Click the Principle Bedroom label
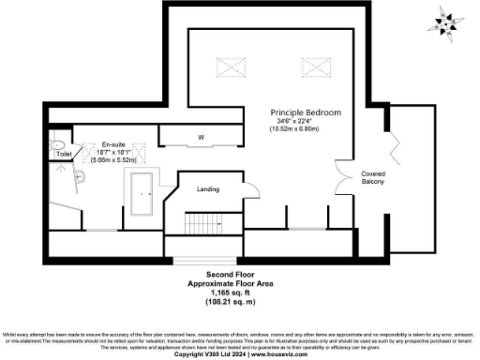click(307, 112)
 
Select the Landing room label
click(207, 189)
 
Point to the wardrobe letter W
click(201, 138)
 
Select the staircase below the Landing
click(202, 224)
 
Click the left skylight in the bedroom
click(231, 68)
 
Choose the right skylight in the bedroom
click(314, 67)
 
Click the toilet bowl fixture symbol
click(57, 146)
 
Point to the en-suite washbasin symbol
click(81, 176)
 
